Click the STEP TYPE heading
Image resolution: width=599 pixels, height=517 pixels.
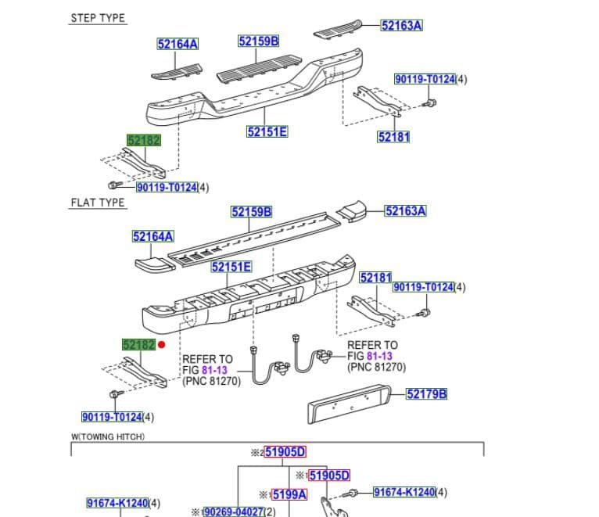(98, 18)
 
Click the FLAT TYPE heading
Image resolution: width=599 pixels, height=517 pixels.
(98, 203)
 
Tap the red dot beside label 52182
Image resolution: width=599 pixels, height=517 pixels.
(162, 345)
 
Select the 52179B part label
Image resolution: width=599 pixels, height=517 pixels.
(426, 394)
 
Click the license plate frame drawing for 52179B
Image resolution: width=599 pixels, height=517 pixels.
(350, 404)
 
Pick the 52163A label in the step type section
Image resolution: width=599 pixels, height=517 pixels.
(401, 26)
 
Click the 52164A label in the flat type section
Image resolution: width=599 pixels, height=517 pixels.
(152, 236)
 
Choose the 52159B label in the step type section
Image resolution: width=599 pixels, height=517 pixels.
(259, 41)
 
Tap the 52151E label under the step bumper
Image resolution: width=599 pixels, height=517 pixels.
(267, 132)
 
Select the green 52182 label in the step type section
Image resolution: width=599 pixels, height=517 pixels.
(144, 140)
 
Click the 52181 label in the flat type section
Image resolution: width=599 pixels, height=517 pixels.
(376, 278)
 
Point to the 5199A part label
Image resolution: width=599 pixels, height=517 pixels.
(289, 495)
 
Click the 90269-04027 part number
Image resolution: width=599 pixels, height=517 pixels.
(234, 512)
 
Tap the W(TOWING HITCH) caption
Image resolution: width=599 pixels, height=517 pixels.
(108, 436)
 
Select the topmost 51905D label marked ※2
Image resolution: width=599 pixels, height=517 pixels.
(285, 452)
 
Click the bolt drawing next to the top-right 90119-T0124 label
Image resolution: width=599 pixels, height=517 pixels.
(430, 102)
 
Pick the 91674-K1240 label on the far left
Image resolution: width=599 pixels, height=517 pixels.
(117, 503)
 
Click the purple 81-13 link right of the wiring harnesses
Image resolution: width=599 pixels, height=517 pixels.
(379, 356)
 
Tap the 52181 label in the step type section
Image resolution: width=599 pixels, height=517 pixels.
(393, 137)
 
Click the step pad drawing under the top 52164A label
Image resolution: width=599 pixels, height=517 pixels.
(177, 72)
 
